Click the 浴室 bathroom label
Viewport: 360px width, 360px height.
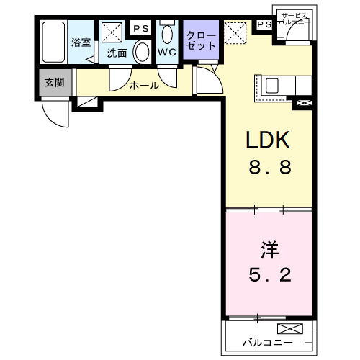[80, 42]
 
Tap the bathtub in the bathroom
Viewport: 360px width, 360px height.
[53, 44]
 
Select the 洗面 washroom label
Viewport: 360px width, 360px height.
[117, 53]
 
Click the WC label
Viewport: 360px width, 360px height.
[167, 53]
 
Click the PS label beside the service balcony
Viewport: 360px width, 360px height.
[264, 24]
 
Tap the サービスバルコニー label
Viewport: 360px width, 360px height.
[294, 19]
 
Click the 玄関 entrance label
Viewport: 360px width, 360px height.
[54, 82]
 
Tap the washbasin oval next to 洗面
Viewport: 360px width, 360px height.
[142, 51]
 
